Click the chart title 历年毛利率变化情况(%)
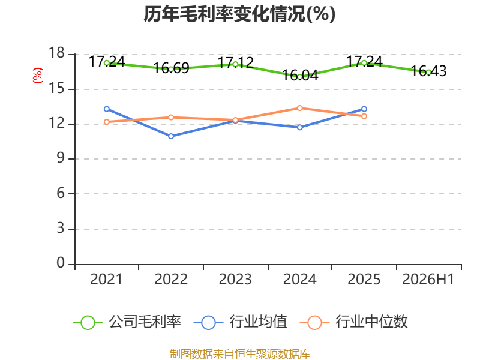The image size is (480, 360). tap(239, 14)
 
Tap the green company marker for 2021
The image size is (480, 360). tap(107, 63)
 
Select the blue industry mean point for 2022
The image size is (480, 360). tap(171, 136)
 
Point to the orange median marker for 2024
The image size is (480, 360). tap(299, 108)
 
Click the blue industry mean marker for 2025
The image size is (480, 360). tap(364, 109)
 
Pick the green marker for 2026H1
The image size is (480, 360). tap(428, 73)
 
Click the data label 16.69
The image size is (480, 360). tap(171, 68)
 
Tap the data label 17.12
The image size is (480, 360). tap(236, 63)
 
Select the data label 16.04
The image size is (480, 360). tap(300, 76)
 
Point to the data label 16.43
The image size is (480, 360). tap(428, 71)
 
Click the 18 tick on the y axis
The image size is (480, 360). tap(57, 53)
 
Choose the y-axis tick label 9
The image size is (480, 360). tap(61, 158)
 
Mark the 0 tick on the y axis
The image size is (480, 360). tap(61, 263)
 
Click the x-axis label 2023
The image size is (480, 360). tap(235, 279)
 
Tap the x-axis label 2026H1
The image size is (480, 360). tap(428, 279)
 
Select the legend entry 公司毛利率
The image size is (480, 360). tap(127, 322)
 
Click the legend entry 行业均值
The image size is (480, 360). tap(241, 322)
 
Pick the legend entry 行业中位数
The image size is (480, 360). tap(353, 322)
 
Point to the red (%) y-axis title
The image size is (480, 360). tap(38, 76)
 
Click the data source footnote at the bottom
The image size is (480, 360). tap(239, 354)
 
